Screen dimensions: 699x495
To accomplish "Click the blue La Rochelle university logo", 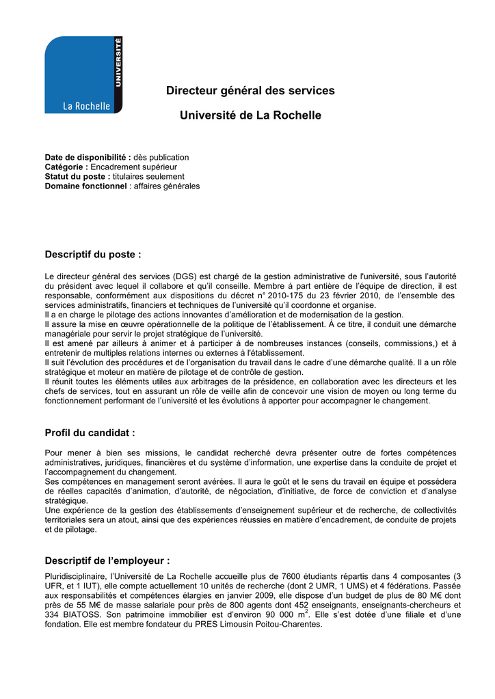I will pos(83,75).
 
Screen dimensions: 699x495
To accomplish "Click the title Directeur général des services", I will pos(250,90).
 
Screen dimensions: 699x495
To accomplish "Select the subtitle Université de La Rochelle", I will pos(250,116).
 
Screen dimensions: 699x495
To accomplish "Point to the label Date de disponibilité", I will pos(88,158).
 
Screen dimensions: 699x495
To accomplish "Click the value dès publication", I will pos(161,158).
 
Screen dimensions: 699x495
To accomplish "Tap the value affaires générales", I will pos(167,186).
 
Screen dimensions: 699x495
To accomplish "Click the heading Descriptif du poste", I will pos(92,255).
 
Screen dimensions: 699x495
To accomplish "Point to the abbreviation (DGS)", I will pos(184,276).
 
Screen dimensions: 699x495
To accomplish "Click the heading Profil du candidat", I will pos(90,433).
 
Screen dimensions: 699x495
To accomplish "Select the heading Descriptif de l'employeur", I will pos(107,561).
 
